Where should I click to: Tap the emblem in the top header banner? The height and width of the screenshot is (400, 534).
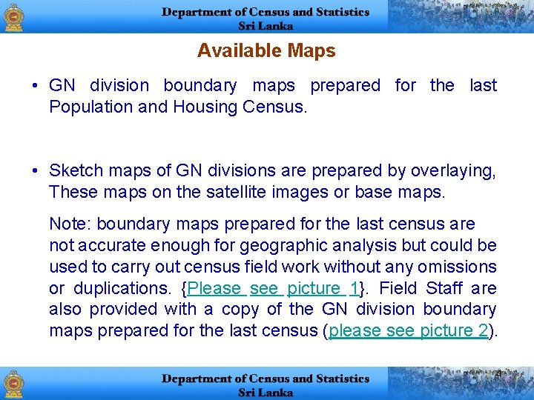[13, 17]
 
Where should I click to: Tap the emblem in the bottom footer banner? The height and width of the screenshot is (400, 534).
[13, 384]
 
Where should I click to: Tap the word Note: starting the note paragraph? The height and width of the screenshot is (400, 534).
[70, 224]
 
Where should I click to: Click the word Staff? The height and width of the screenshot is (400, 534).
[444, 287]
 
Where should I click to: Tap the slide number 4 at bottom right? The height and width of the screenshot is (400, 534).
[498, 373]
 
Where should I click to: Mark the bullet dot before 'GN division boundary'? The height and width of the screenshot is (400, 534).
[36, 86]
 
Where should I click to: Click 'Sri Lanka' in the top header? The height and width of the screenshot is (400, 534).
[266, 25]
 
